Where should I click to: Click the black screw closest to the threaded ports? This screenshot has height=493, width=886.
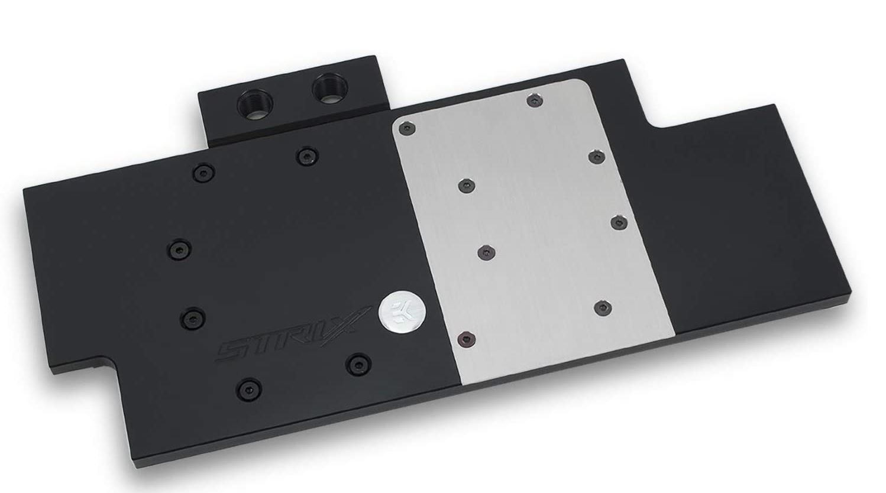[308, 155]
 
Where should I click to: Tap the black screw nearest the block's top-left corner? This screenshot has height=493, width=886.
[203, 173]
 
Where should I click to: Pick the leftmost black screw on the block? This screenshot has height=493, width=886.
[179, 249]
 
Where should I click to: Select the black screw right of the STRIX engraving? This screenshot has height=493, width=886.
[358, 363]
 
